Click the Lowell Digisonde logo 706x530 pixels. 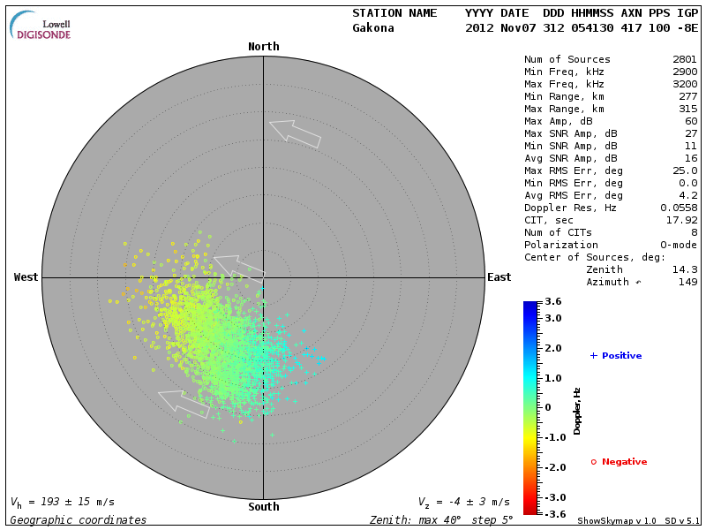[x=41, y=25]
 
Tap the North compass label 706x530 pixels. [x=263, y=47]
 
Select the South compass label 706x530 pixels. [x=263, y=507]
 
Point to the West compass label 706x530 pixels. [x=26, y=277]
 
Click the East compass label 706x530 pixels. [x=499, y=277]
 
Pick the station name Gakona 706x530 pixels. [x=373, y=27]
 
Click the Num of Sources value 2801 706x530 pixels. [x=685, y=59]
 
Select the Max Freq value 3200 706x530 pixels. [x=685, y=84]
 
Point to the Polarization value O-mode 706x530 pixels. [x=679, y=245]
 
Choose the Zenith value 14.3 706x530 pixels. [x=685, y=269]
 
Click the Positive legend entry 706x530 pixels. [x=616, y=356]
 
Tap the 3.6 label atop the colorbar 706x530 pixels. [x=553, y=302]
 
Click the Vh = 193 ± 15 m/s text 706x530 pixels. [x=62, y=502]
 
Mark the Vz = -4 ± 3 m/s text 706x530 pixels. [x=463, y=502]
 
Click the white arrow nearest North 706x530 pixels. [x=295, y=132]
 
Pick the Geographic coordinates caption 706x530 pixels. [x=79, y=520]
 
